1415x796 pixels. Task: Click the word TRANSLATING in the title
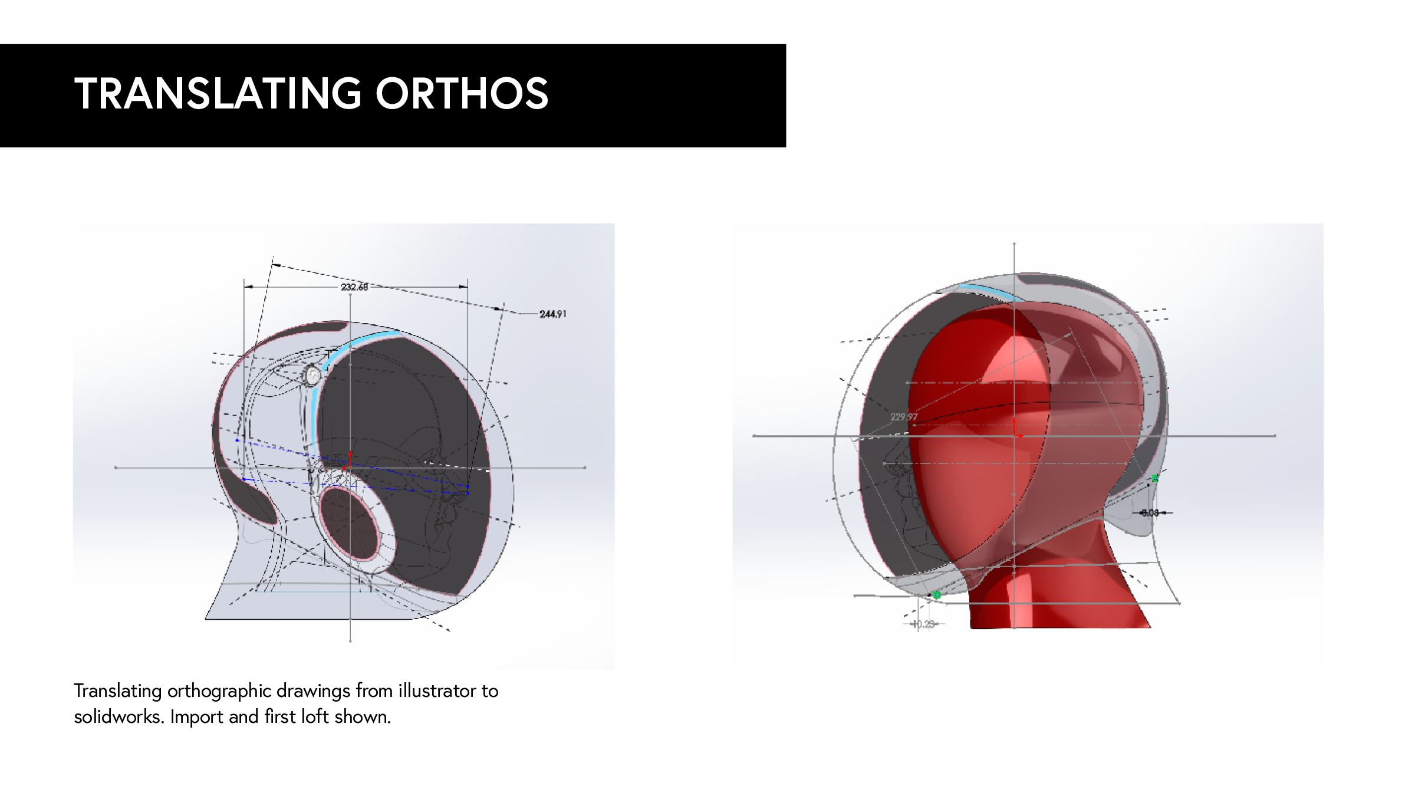(x=218, y=94)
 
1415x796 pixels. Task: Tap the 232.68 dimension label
(x=354, y=287)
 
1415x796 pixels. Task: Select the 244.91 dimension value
(x=552, y=314)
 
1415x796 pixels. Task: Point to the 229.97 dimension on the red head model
(x=903, y=417)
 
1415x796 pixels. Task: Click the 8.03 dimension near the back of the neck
(x=1150, y=513)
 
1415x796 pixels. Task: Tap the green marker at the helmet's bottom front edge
(x=937, y=595)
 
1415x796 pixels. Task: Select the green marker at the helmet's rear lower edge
(x=1155, y=479)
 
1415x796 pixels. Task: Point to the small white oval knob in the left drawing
(x=312, y=375)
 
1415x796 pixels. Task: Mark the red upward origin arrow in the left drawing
(x=350, y=458)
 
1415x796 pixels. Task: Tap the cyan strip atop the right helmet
(x=988, y=291)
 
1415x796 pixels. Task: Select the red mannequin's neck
(x=1055, y=596)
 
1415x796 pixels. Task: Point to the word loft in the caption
(x=314, y=717)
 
